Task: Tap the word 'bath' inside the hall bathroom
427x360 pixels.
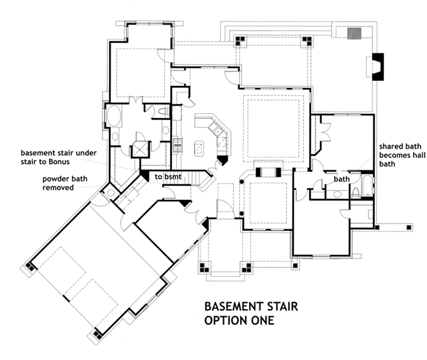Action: tap(342, 179)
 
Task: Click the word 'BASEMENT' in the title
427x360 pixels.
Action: tap(230, 307)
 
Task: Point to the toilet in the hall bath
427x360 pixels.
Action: tap(356, 190)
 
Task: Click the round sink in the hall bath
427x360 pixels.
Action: tap(339, 194)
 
